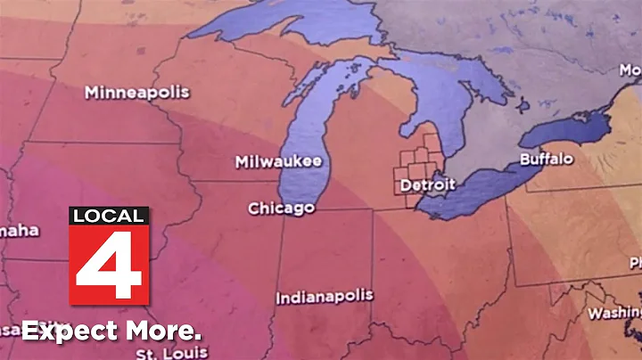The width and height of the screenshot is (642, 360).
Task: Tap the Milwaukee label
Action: coord(277,161)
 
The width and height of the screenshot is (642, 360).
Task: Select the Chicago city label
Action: coord(281,209)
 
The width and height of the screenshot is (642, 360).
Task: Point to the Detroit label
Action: coord(427,185)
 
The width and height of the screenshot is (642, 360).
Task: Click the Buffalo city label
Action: coord(547,160)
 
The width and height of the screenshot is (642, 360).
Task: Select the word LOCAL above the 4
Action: coord(108,217)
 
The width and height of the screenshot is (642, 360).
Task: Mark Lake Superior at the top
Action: coord(267,27)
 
